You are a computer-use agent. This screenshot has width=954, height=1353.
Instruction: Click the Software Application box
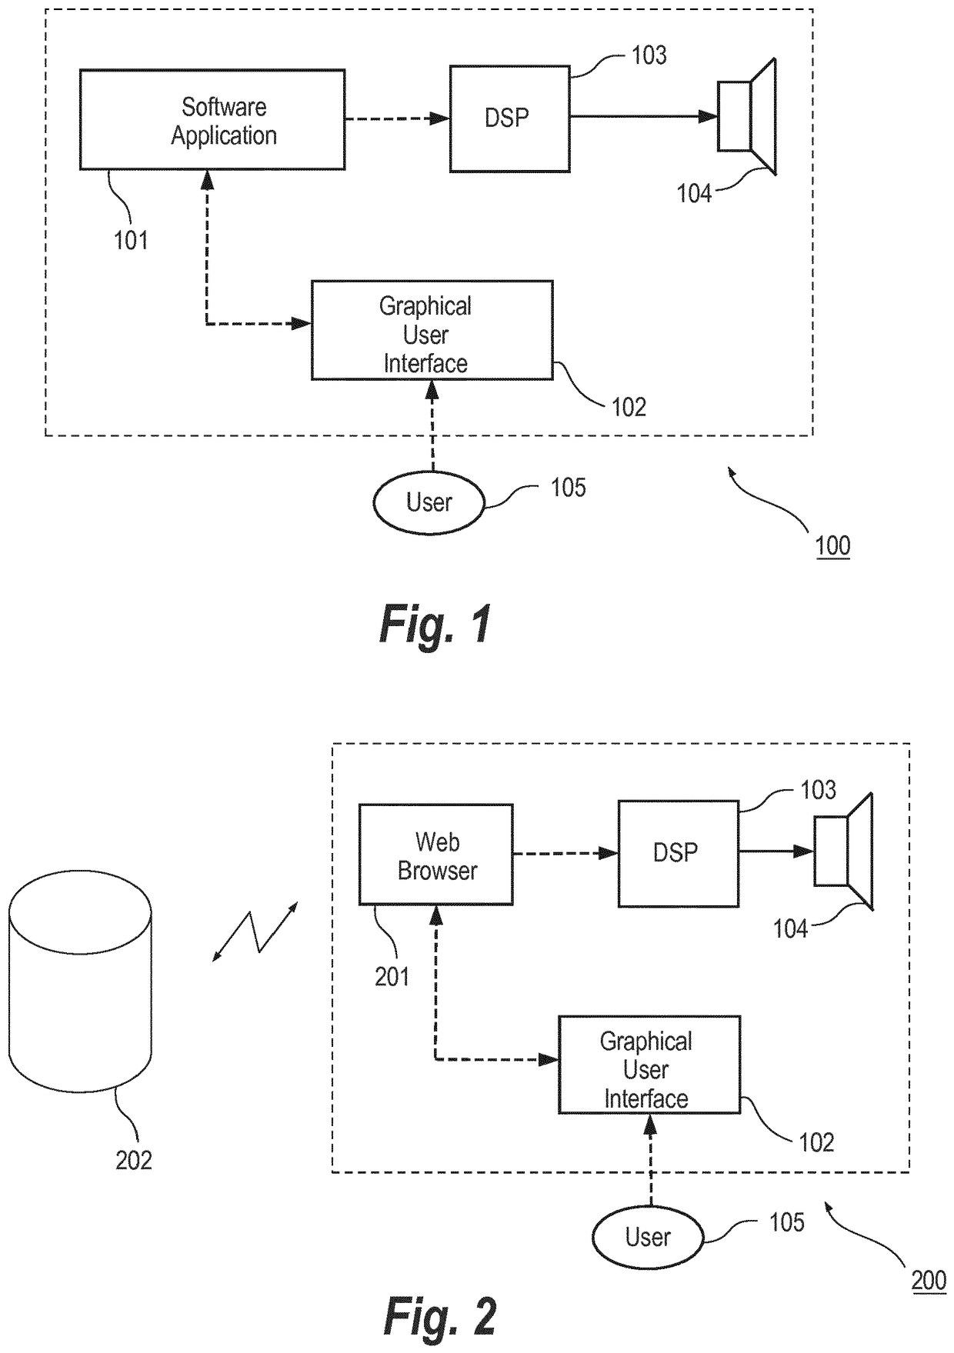click(x=212, y=119)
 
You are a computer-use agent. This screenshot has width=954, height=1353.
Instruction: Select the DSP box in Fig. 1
click(x=509, y=118)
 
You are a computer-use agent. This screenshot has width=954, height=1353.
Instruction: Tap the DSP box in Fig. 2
click(x=678, y=853)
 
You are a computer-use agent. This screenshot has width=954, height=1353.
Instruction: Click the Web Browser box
click(x=436, y=855)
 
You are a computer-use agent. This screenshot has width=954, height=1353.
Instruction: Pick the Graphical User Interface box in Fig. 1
click(x=432, y=330)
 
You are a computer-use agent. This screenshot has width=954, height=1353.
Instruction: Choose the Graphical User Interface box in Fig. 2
click(x=649, y=1065)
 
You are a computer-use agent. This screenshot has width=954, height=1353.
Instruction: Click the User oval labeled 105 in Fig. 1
click(x=429, y=503)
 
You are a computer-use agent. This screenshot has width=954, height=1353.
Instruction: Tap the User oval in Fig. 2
click(x=648, y=1237)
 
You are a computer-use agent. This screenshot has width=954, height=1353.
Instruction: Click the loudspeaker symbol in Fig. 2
click(x=843, y=851)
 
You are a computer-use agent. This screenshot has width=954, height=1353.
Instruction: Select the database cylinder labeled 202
click(x=80, y=981)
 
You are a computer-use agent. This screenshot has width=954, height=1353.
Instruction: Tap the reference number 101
click(x=131, y=241)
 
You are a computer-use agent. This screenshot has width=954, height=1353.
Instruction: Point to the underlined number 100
click(x=832, y=546)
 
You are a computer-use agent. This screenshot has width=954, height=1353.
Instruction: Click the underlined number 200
click(x=929, y=1281)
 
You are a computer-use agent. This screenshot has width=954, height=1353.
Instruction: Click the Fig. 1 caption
click(x=435, y=624)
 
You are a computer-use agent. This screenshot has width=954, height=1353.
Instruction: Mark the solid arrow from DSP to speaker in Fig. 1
click(x=643, y=117)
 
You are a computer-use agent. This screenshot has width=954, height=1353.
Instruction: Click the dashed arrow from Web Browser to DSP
click(x=565, y=853)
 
